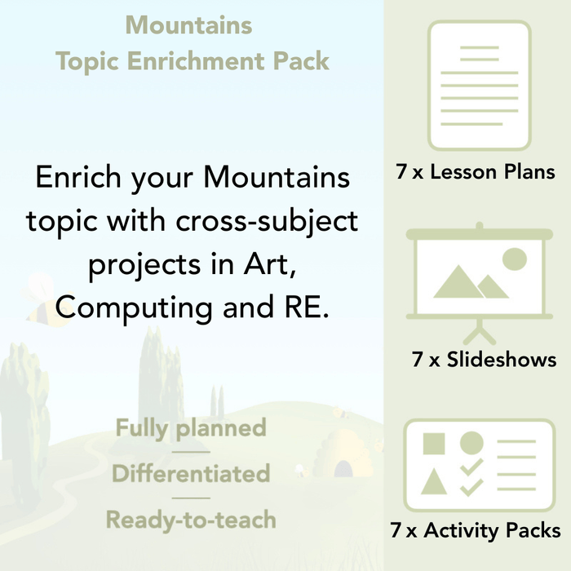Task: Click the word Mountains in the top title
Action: click(188, 25)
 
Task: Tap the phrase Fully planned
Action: click(191, 427)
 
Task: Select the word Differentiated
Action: click(191, 473)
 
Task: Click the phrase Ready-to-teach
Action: click(191, 519)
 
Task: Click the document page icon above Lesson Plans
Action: click(479, 86)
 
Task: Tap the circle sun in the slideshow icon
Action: click(515, 259)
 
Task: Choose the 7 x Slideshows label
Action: click(485, 359)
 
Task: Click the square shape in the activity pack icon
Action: click(434, 444)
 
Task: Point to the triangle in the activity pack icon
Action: click(434, 482)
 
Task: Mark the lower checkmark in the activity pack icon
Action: click(471, 487)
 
